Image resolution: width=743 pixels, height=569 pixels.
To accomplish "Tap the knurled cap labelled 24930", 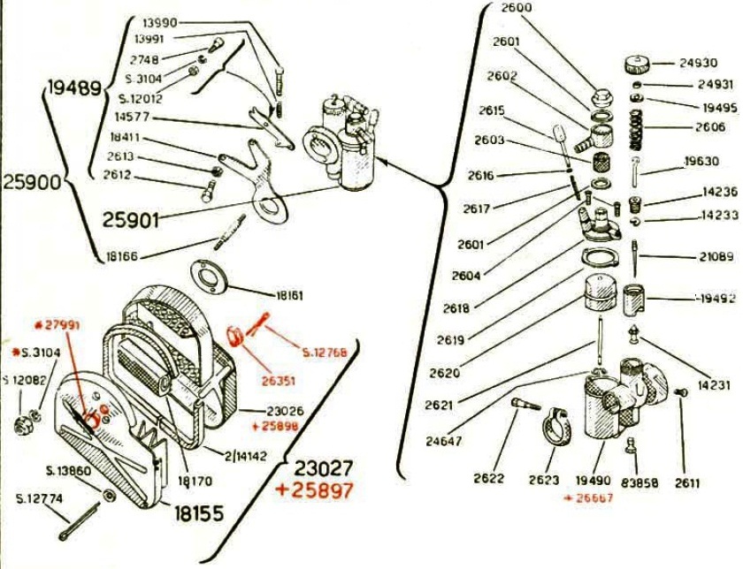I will point(639,64).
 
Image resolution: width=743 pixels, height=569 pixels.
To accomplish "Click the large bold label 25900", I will point(31,184).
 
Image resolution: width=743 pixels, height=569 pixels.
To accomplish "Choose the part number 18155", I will point(198,512).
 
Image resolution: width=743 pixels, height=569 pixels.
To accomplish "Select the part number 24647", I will point(443,439).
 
